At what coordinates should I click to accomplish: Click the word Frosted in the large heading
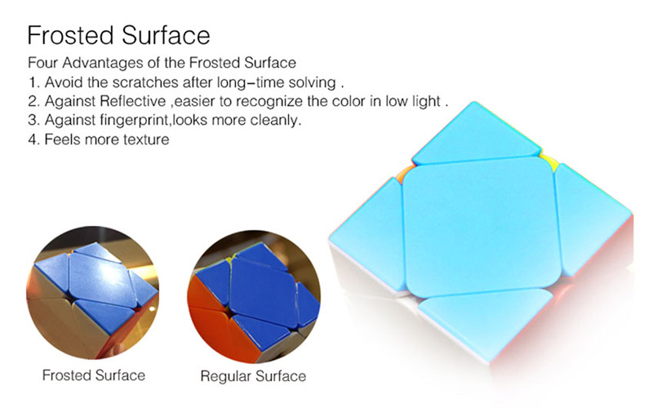coord(72,35)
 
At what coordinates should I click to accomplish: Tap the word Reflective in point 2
coord(133,101)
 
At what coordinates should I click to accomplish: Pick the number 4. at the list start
coord(33,140)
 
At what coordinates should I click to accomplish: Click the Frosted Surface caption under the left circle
coord(94,375)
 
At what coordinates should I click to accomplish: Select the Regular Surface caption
coord(253,376)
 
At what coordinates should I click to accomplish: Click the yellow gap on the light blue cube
coord(548,162)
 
